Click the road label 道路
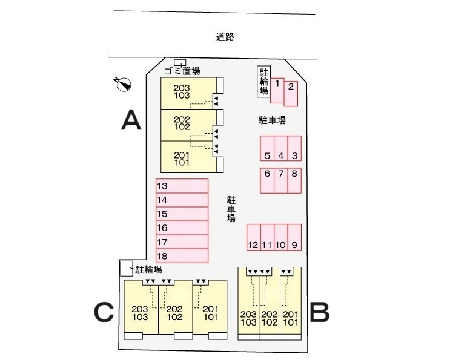[x=225, y=37]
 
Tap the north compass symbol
[x=124, y=84]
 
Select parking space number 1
[x=277, y=91]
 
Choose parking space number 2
[x=291, y=94]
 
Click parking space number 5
[x=267, y=148]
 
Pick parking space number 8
[x=294, y=180]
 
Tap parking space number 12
[x=254, y=238]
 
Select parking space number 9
[x=294, y=238]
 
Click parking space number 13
[x=182, y=186]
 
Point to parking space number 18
[x=182, y=256]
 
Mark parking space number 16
[x=182, y=228]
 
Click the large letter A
[x=131, y=120]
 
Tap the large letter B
[x=319, y=312]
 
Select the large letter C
[x=104, y=312]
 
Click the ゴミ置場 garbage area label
[x=182, y=71]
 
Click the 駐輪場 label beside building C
[x=148, y=269]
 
